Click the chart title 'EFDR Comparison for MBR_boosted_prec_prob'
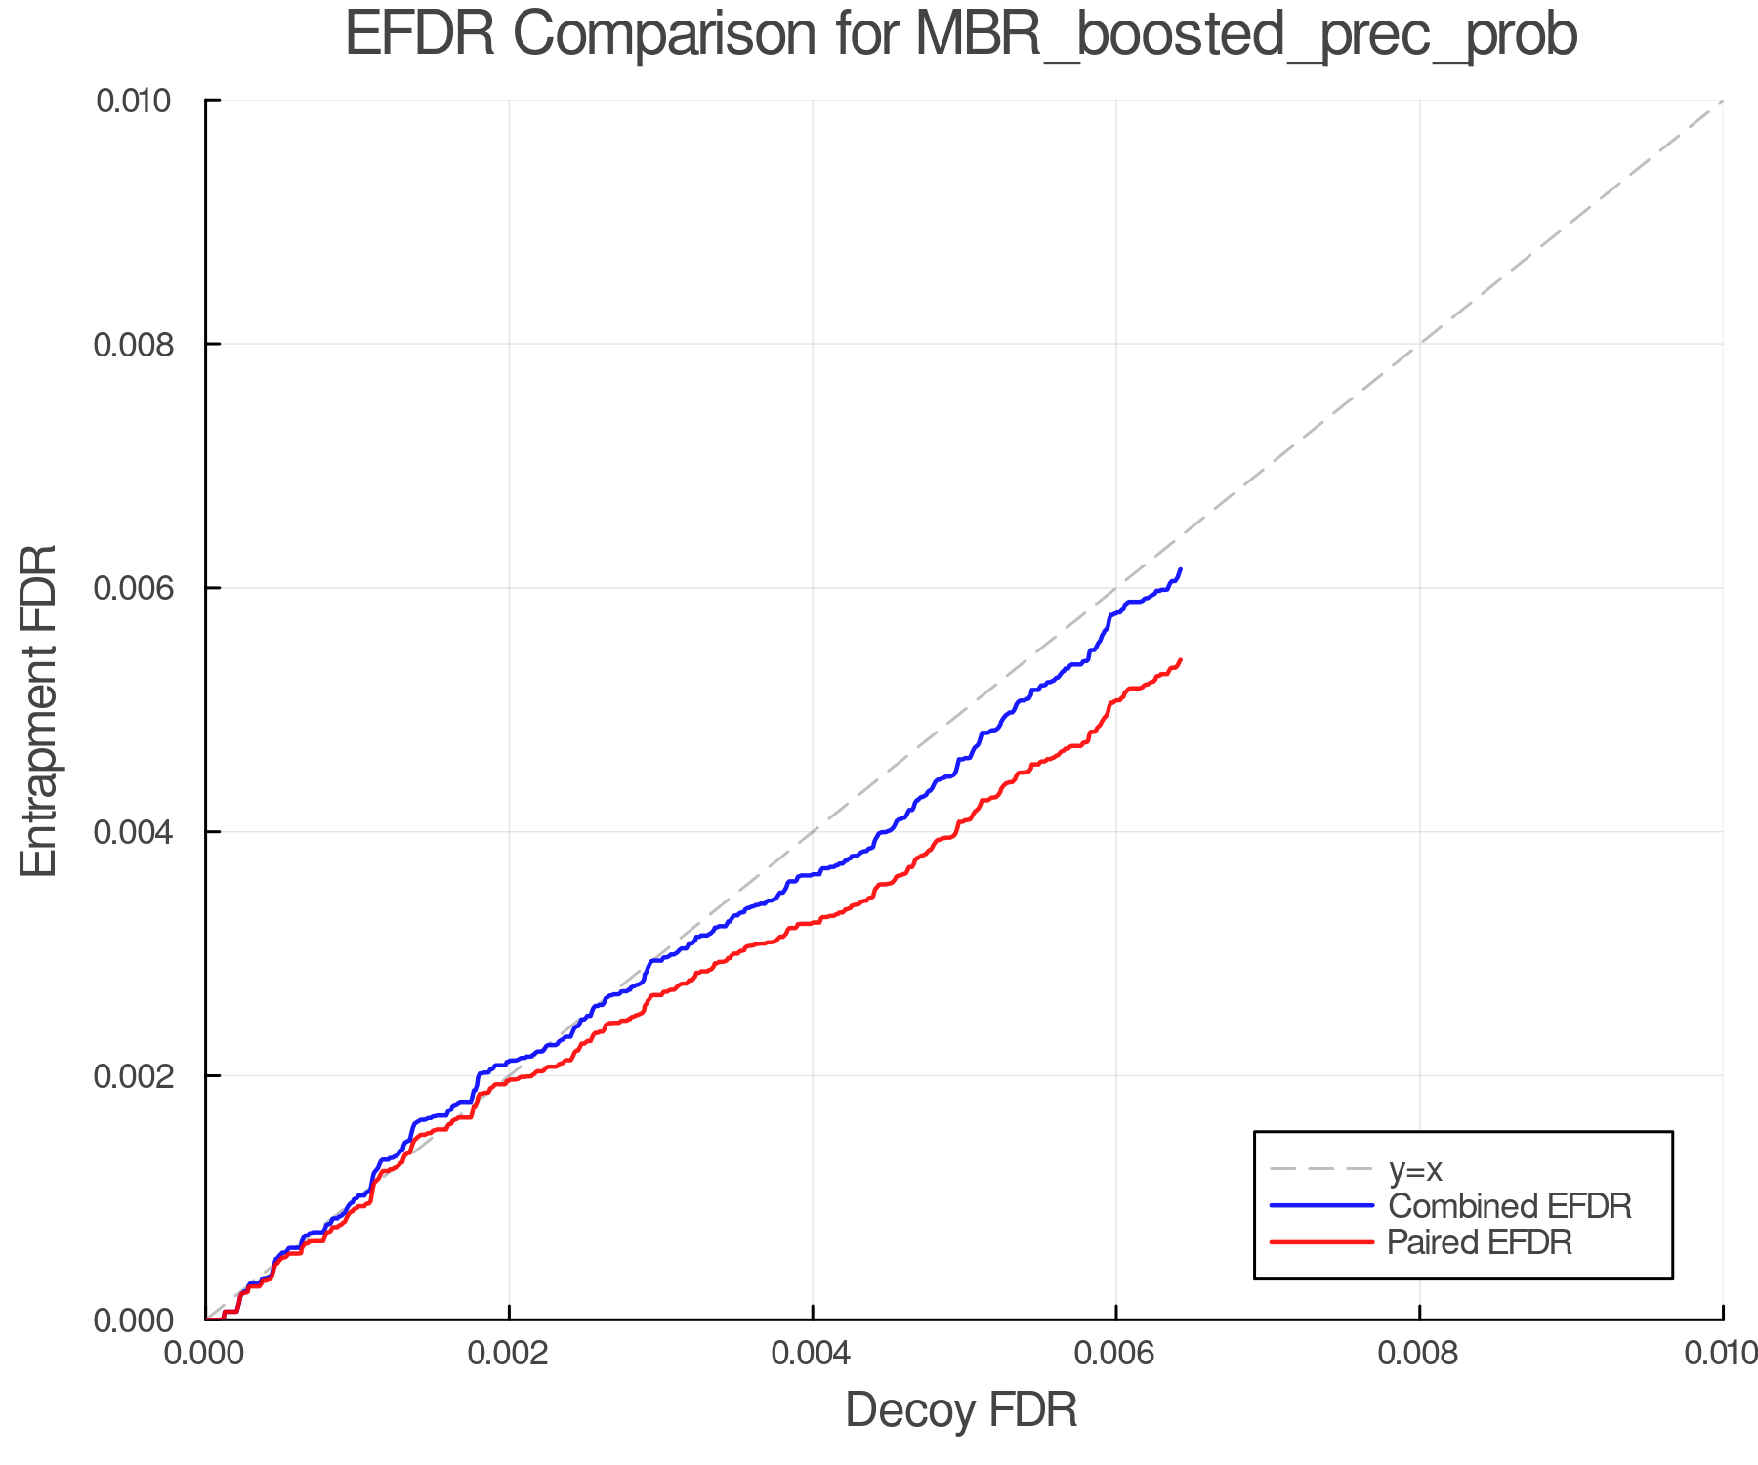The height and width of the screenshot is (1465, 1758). point(961,35)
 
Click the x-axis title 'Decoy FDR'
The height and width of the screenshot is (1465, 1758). point(961,1410)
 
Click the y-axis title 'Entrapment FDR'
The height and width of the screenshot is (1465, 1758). point(39,710)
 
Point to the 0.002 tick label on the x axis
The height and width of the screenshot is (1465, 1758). point(509,1353)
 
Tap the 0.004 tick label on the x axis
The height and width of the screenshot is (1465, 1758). point(813,1353)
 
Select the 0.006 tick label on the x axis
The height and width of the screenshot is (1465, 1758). point(1115,1353)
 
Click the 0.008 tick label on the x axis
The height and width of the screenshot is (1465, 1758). point(1419,1353)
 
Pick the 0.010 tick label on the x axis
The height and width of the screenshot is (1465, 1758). point(1721,1353)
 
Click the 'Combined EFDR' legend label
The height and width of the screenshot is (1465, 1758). point(1510,1206)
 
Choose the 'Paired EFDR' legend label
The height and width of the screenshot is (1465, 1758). point(1481,1242)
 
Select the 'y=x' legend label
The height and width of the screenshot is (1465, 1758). point(1415,1169)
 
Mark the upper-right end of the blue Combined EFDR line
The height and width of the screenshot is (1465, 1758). point(1181,568)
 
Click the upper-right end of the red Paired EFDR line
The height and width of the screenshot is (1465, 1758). point(1181,660)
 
